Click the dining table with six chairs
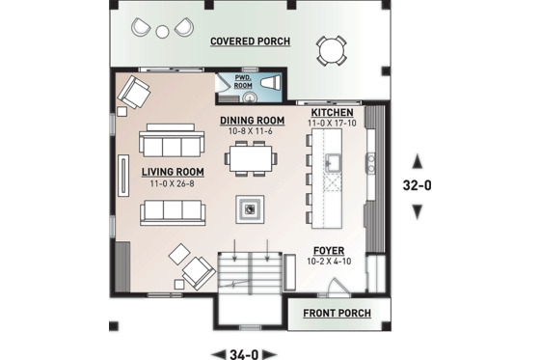[250, 155]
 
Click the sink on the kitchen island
[334, 160]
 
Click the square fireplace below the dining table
[250, 208]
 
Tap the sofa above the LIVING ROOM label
[172, 143]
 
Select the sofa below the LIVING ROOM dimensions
[172, 212]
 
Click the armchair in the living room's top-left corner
[135, 94]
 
